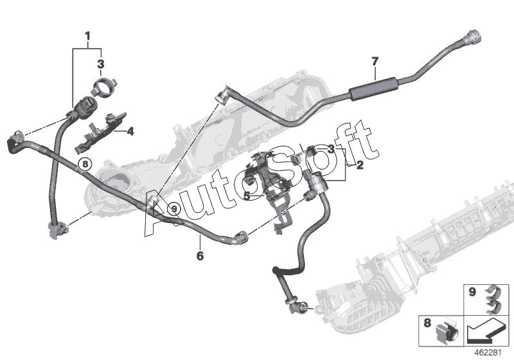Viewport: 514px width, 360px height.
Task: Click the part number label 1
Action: pyautogui.click(x=88, y=34)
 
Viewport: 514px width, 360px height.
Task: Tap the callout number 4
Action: pyautogui.click(x=130, y=132)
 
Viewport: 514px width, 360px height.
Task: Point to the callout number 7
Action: pyautogui.click(x=375, y=62)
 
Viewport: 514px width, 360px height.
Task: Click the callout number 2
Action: pyautogui.click(x=360, y=165)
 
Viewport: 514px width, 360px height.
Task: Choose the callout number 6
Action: pyautogui.click(x=200, y=256)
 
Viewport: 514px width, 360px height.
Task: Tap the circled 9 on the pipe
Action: pyautogui.click(x=172, y=208)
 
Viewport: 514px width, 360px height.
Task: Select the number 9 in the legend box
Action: pyautogui.click(x=472, y=292)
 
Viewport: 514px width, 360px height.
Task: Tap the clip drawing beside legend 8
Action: pyautogui.click(x=446, y=330)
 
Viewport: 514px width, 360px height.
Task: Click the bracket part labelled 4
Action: pyautogui.click(x=103, y=129)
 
